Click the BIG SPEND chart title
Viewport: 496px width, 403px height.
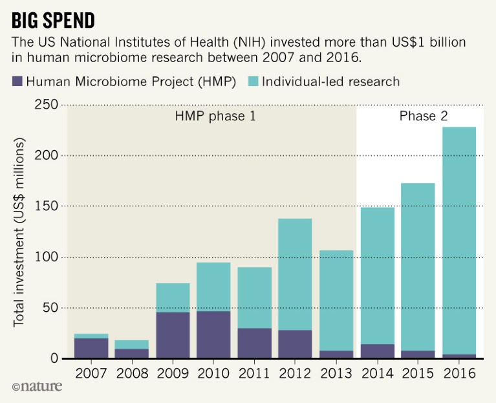pyautogui.click(x=54, y=20)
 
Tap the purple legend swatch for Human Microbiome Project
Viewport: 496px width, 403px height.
pyautogui.click(x=17, y=82)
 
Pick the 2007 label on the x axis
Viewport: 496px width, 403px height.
pyautogui.click(x=91, y=375)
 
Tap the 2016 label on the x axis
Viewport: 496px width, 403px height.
pyautogui.click(x=459, y=375)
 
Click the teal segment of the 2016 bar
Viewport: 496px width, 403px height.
pyautogui.click(x=459, y=239)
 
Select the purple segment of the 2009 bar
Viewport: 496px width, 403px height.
pyautogui.click(x=173, y=335)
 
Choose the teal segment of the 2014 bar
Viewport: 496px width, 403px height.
pyautogui.click(x=377, y=275)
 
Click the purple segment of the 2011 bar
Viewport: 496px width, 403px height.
pyautogui.click(x=255, y=343)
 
